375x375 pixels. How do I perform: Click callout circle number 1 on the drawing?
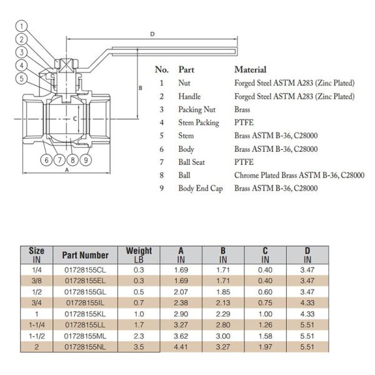click(x=22, y=26)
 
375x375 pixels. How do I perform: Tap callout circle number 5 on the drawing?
click(x=22, y=79)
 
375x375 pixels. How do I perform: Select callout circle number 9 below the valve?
click(x=86, y=159)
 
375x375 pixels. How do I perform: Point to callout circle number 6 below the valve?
click(x=47, y=159)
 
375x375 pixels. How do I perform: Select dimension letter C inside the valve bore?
click(x=74, y=117)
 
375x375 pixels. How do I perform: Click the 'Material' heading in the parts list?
click(x=250, y=69)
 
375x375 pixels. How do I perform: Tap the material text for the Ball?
click(x=299, y=176)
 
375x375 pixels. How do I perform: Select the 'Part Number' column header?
click(x=85, y=254)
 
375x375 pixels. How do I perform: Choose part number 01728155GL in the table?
click(x=85, y=291)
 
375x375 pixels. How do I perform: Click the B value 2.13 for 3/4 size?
click(x=223, y=302)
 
